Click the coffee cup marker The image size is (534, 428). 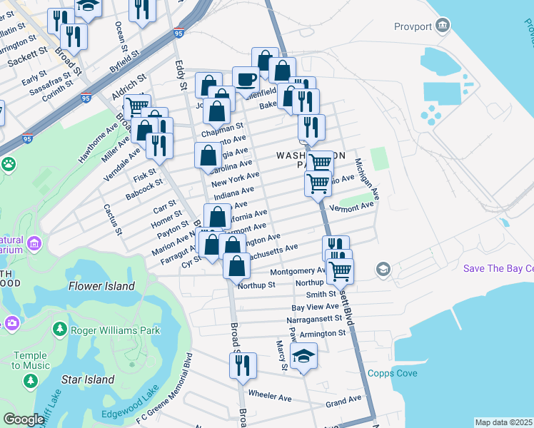pos(246,79)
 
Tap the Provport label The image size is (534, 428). pos(413,26)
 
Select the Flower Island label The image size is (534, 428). pos(101,286)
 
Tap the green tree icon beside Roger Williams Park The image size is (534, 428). pos(59,330)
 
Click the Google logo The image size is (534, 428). pos(24,419)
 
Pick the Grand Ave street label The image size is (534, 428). pos(344,403)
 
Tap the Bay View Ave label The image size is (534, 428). pos(313,307)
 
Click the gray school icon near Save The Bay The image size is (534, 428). pos(384,269)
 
